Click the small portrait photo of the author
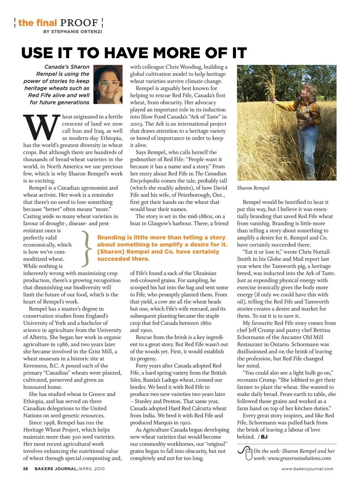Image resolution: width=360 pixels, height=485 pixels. click(108, 85)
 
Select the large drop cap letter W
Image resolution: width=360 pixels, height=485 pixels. click(41, 127)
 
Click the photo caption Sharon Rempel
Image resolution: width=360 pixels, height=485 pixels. click(253, 188)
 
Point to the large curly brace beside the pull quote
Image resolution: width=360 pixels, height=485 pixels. click(87, 248)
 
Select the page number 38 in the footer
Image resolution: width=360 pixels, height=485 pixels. click(25, 468)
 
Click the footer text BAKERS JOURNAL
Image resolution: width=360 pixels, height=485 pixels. click(55, 468)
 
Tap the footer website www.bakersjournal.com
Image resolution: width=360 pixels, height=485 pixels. click(307, 468)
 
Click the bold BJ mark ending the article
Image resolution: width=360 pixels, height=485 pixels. click(264, 437)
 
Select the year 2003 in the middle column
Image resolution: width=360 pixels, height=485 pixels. click(136, 124)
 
